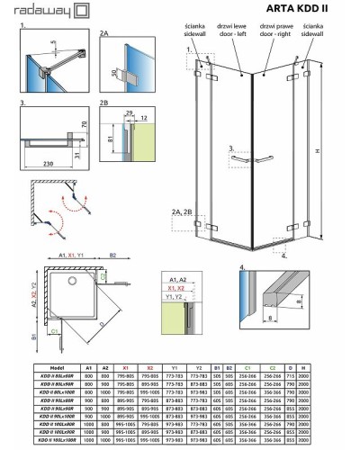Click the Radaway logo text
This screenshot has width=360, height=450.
[40, 10]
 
